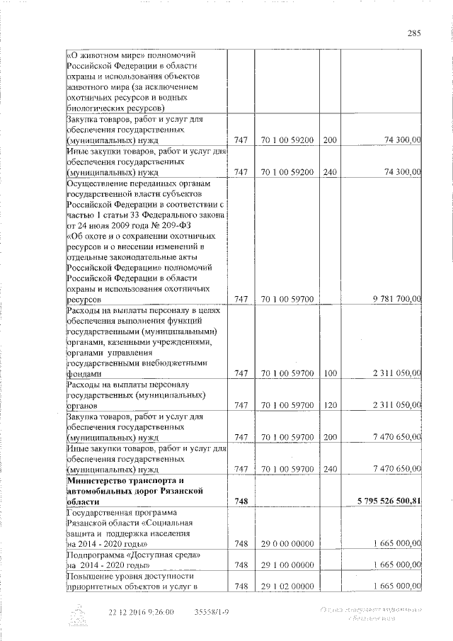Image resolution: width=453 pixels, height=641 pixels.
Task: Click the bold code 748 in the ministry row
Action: [x=241, y=501]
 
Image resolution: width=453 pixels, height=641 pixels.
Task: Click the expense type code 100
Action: [x=329, y=373]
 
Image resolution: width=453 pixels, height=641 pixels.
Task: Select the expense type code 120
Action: [x=329, y=405]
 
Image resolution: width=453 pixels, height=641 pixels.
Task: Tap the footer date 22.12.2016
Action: [x=132, y=611]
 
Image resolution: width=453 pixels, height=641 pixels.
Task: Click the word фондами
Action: [x=84, y=373]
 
